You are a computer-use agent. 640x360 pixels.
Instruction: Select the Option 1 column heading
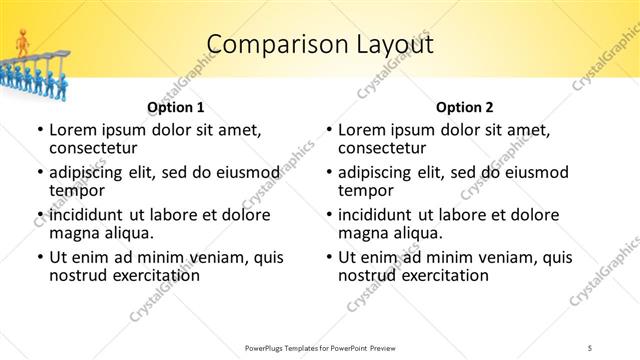coord(175,107)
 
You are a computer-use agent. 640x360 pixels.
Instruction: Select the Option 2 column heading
coord(465,107)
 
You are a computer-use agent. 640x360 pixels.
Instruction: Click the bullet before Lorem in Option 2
coord(328,130)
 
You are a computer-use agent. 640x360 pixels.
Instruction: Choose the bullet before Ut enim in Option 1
coord(39,258)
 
